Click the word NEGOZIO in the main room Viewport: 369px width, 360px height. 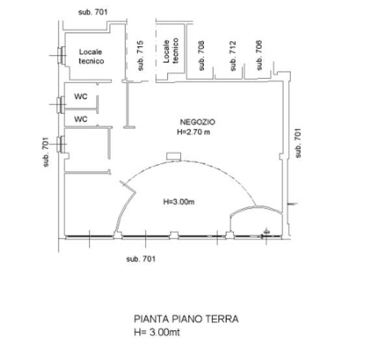[x=197, y=122]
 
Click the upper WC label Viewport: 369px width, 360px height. [x=81, y=96]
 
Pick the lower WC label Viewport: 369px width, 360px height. [x=81, y=119]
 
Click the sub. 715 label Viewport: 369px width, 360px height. [x=141, y=55]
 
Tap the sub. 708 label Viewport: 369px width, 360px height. [x=202, y=55]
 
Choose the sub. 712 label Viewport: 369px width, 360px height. [x=232, y=55]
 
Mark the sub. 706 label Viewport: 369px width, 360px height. [x=259, y=55]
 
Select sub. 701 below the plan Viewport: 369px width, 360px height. [x=141, y=259]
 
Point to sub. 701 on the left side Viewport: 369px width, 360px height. [x=46, y=152]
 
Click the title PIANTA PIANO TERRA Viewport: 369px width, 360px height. [x=186, y=319]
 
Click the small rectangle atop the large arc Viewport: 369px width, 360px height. [x=173, y=156]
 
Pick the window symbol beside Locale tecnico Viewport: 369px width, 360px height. [x=61, y=55]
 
